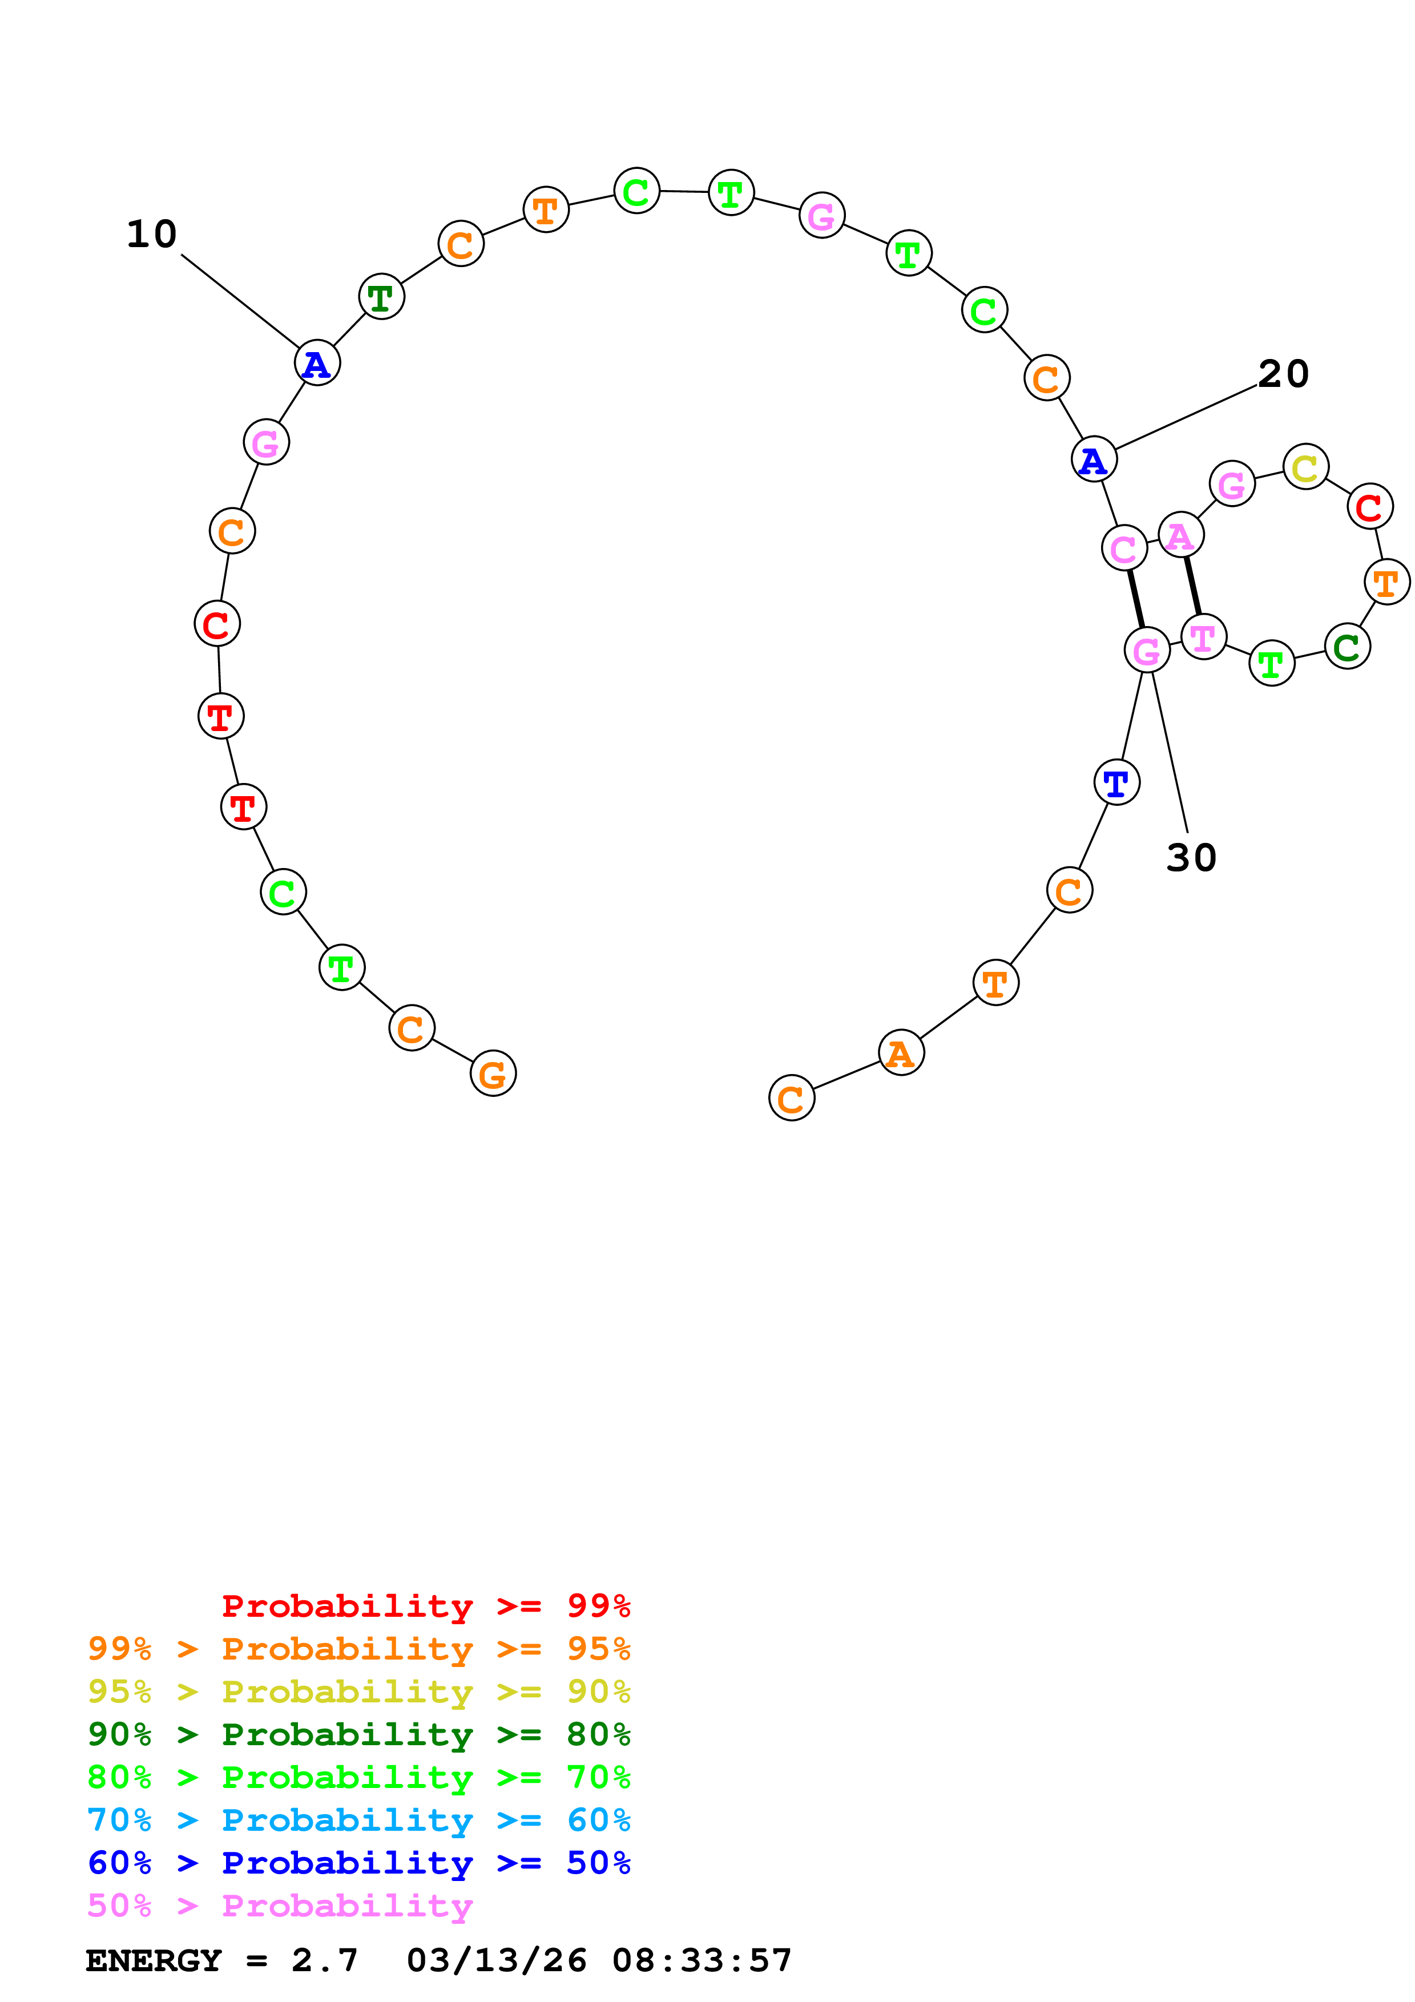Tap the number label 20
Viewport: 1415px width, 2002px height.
point(1283,374)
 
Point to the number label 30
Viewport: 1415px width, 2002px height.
point(1191,858)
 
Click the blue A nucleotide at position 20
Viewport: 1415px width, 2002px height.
point(1093,459)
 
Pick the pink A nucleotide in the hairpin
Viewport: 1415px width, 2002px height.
point(1180,535)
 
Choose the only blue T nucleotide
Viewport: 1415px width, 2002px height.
point(1116,782)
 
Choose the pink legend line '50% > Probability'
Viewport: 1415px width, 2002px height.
point(280,1906)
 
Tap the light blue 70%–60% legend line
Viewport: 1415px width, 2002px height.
point(358,1821)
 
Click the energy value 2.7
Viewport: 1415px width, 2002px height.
point(324,1961)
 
